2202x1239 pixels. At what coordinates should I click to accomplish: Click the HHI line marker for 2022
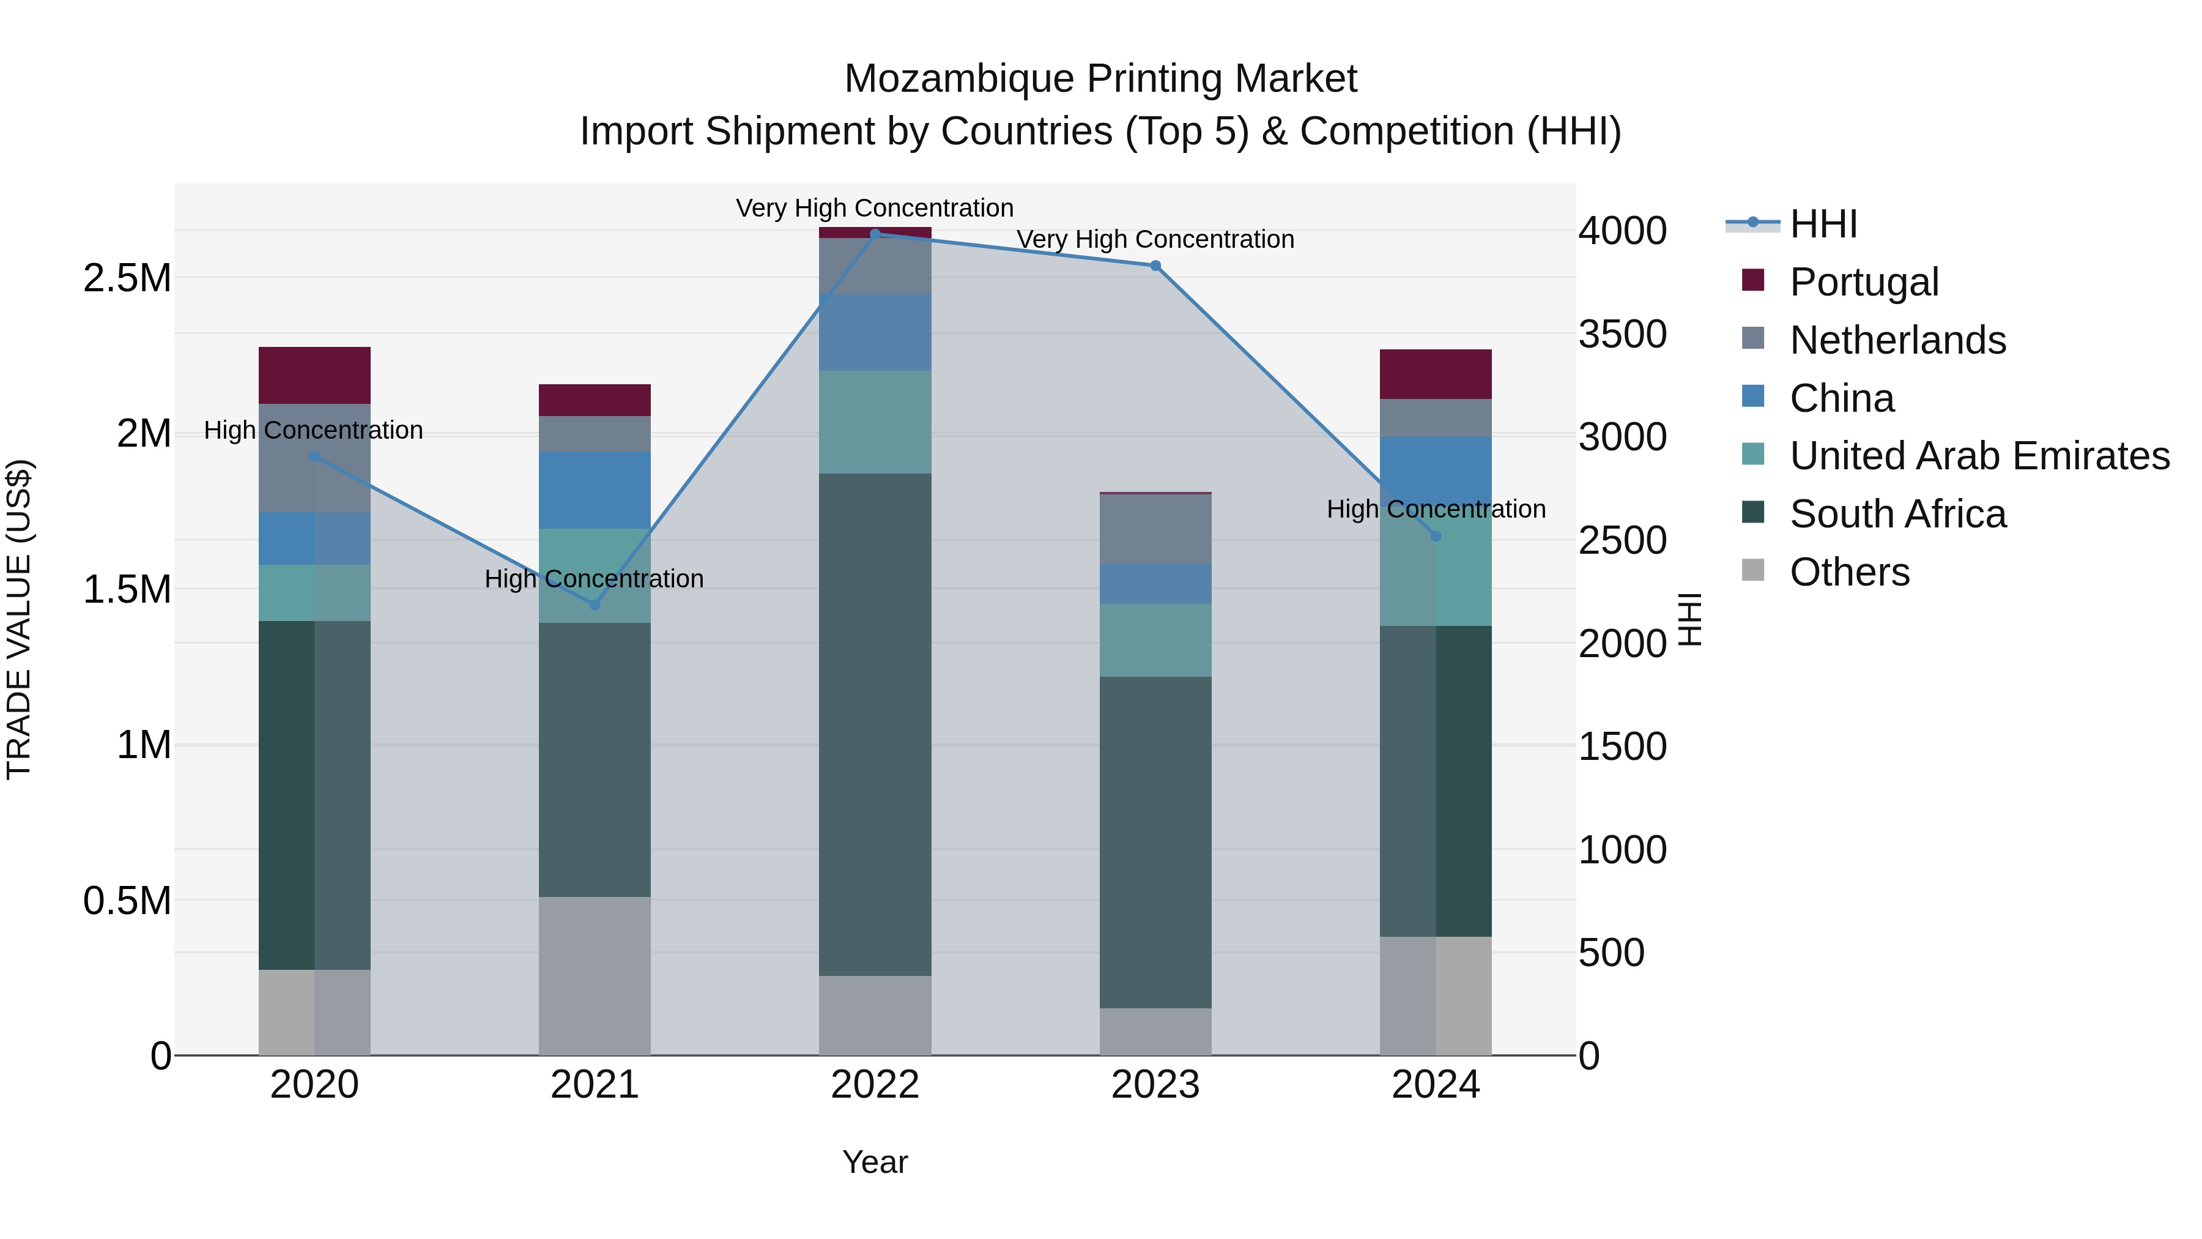click(875, 234)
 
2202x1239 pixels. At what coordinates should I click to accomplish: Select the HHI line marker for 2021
click(595, 605)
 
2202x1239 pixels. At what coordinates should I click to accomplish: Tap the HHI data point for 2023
click(1155, 266)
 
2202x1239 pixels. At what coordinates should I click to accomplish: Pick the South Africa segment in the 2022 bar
click(875, 724)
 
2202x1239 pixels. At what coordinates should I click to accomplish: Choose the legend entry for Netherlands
click(1897, 340)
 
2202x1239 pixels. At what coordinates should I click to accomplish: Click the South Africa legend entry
click(1897, 514)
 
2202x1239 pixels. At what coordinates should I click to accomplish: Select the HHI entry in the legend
click(1823, 224)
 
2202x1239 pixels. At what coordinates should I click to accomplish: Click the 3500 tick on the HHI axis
click(1622, 334)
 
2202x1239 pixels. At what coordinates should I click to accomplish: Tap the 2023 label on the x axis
click(1155, 1085)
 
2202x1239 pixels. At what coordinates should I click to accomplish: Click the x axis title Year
click(875, 1162)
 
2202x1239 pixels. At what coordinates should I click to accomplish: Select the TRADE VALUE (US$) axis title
click(19, 619)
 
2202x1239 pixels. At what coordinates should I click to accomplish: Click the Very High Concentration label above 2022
click(875, 208)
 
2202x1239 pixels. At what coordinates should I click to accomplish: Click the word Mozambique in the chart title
click(959, 79)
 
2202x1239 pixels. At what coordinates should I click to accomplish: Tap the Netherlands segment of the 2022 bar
click(875, 266)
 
